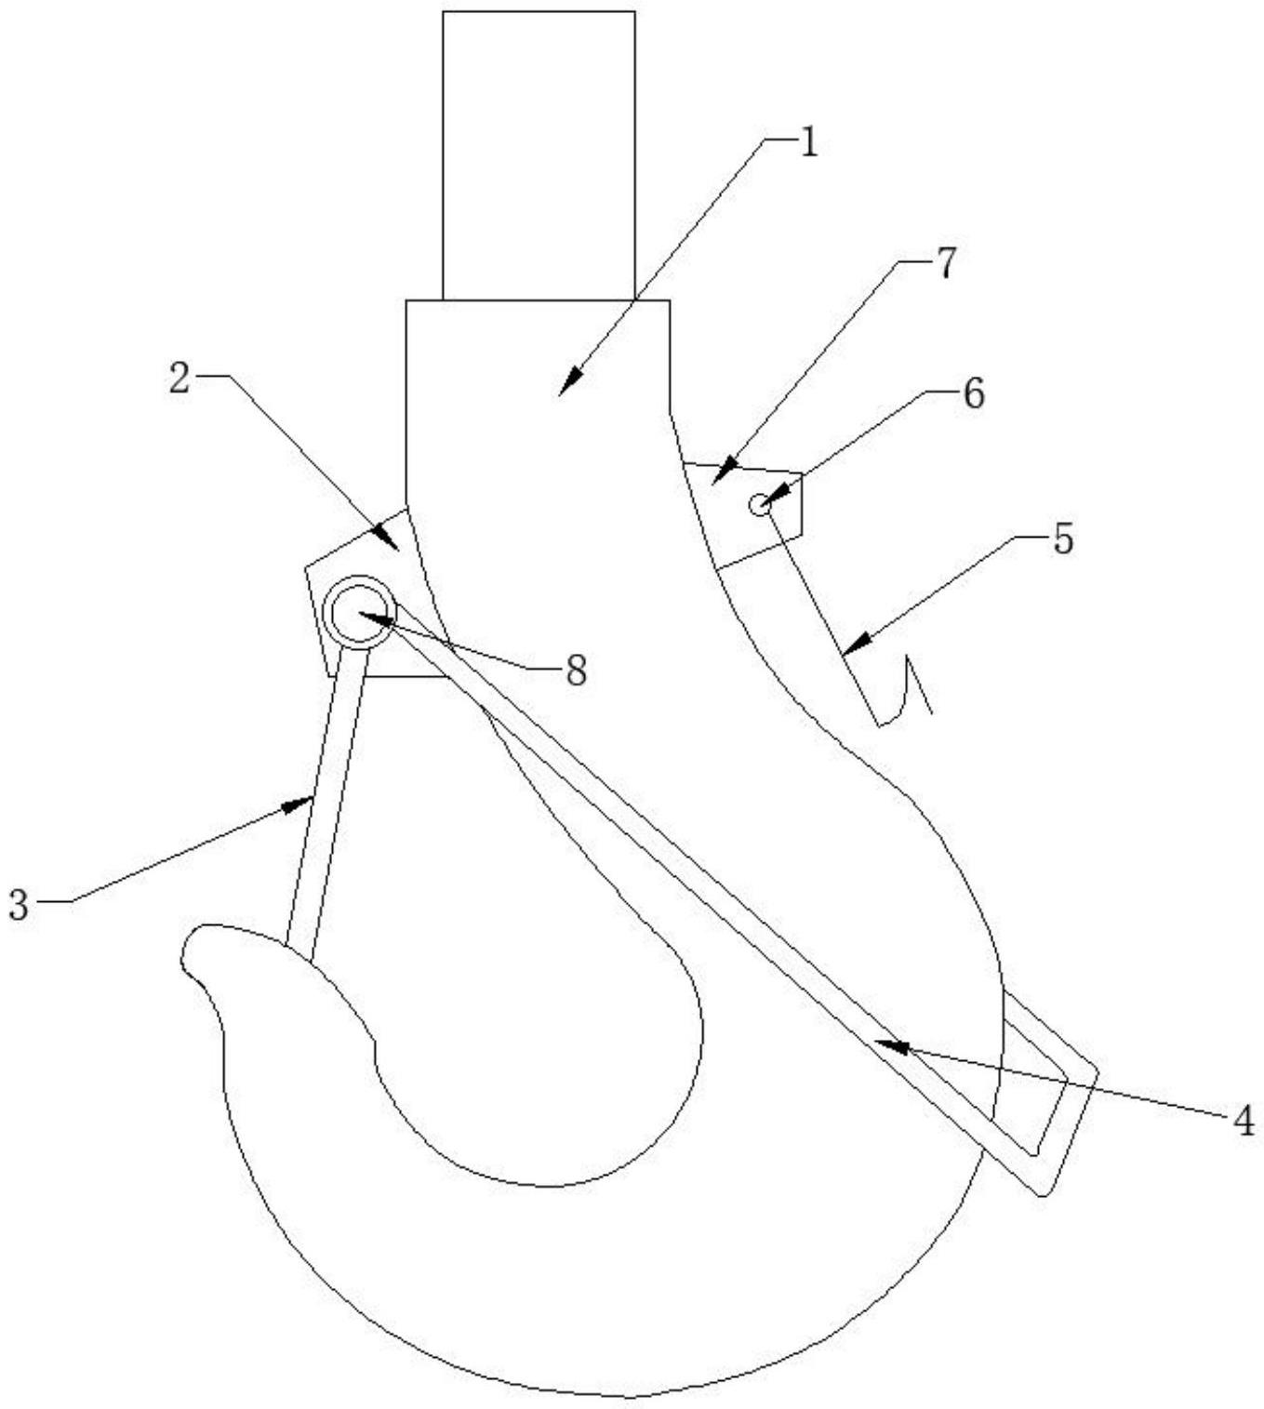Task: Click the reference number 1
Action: [807, 143]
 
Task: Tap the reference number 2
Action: [180, 379]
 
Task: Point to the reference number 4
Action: [1244, 1122]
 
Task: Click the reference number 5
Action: [1062, 538]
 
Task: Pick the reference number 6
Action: [972, 394]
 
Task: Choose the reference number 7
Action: [944, 264]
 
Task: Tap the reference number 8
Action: [576, 670]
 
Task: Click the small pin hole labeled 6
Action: [759, 505]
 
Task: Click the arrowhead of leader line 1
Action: [567, 385]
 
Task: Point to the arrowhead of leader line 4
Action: [884, 1044]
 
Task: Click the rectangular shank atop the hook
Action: [539, 154]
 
